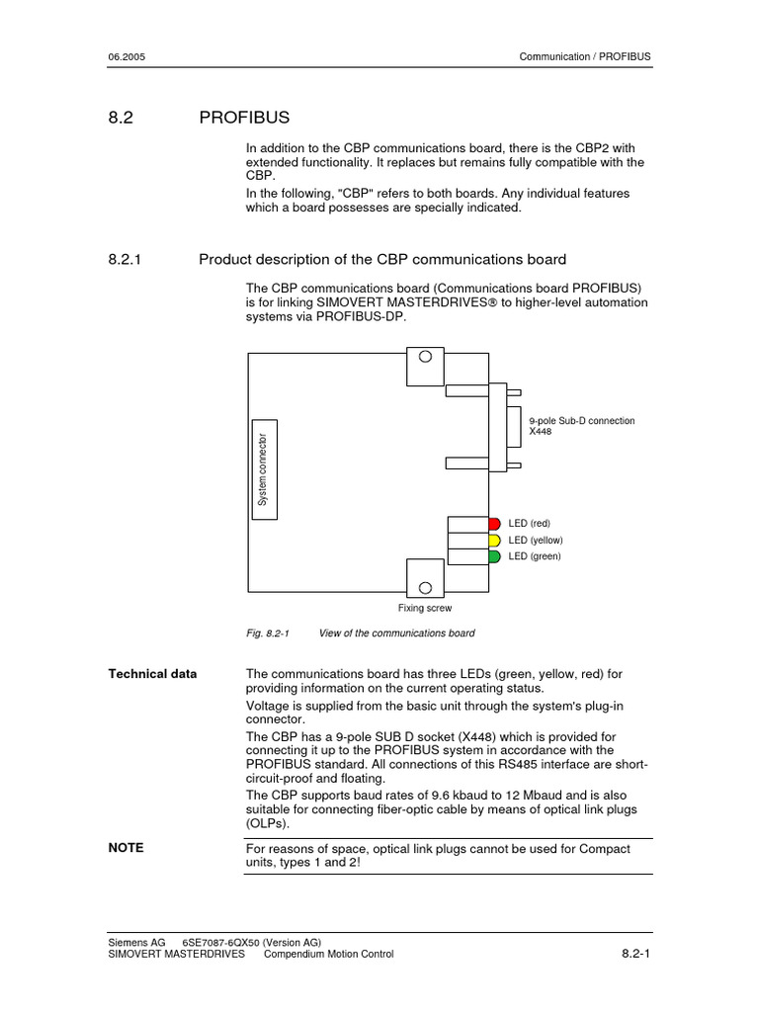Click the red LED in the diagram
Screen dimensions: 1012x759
click(x=494, y=523)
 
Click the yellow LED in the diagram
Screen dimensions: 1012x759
click(x=494, y=541)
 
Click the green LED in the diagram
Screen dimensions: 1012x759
click(x=494, y=556)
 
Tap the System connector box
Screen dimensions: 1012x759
click(x=263, y=469)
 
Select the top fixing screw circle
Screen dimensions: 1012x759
click(x=426, y=358)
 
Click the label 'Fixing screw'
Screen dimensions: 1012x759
click(x=425, y=609)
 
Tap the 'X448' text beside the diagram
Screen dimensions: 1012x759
click(x=541, y=432)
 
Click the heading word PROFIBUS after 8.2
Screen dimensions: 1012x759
click(x=244, y=118)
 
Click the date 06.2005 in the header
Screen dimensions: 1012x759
click(x=126, y=56)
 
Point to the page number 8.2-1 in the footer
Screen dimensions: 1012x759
click(x=634, y=954)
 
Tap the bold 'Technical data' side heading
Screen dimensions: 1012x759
click(x=152, y=674)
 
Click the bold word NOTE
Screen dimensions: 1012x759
click(x=126, y=848)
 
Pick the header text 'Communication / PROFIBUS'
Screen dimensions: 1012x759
click(x=585, y=56)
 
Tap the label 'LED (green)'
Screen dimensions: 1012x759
click(x=535, y=556)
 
